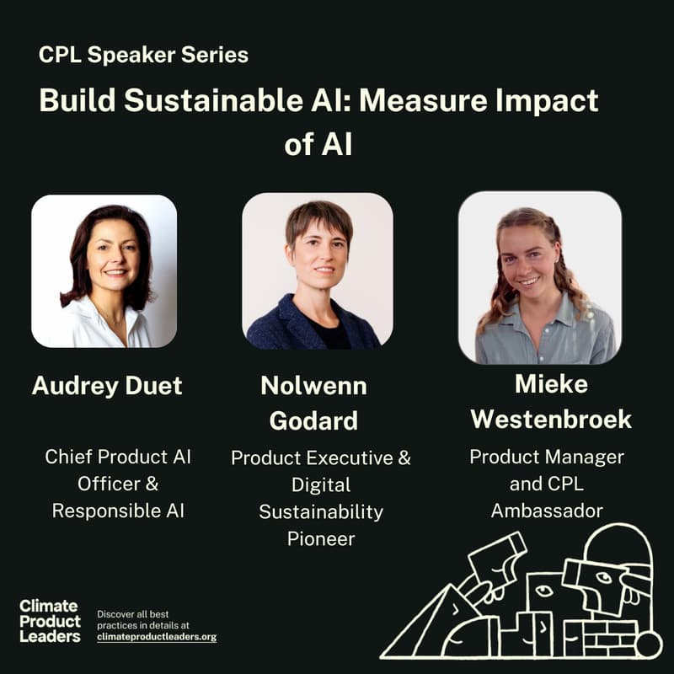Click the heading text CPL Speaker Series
click(143, 56)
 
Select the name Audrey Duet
click(107, 386)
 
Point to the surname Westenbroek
click(551, 419)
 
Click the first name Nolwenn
click(313, 386)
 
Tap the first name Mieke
click(550, 384)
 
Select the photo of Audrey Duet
click(104, 270)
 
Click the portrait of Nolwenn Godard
click(317, 270)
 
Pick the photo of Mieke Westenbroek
click(540, 277)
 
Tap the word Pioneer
click(321, 538)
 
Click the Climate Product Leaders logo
click(50, 621)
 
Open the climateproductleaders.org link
click(157, 637)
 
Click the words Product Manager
click(546, 457)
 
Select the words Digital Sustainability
click(321, 498)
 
